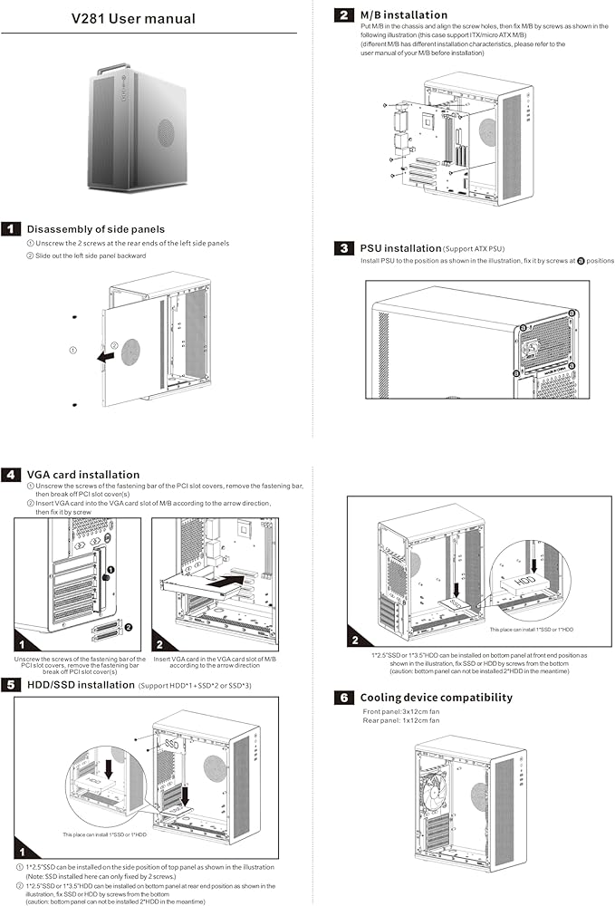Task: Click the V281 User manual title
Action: [146, 18]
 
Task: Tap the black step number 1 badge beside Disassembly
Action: [12, 229]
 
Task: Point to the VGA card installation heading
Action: [83, 474]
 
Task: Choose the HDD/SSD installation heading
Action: [81, 685]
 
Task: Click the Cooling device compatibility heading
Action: [437, 698]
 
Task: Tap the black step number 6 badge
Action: [344, 698]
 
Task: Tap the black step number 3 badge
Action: [344, 247]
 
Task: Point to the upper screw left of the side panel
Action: [74, 317]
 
